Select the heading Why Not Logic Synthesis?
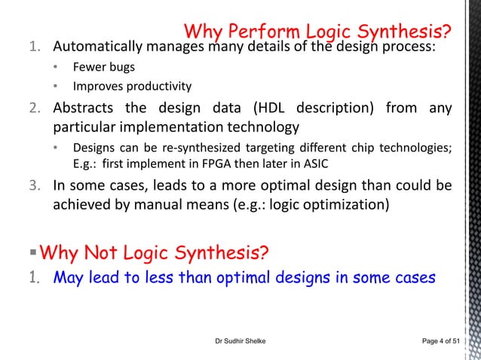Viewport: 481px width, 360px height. pos(153,250)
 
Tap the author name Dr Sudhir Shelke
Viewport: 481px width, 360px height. pos(240,342)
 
